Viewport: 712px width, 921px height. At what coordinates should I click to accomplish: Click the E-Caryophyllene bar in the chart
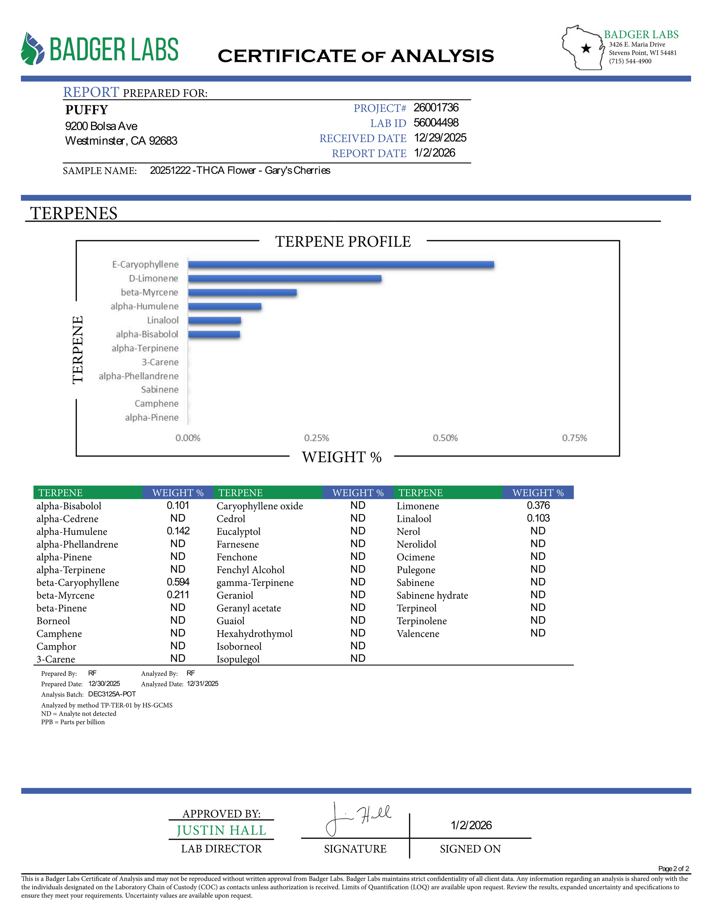coord(341,264)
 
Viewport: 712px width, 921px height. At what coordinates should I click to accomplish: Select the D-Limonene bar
coord(285,278)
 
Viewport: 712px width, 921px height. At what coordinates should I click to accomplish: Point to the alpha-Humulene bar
coord(224,306)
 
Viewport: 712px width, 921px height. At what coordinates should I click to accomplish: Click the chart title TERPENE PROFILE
coord(343,242)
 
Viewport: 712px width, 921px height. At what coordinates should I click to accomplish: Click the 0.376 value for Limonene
coord(538,505)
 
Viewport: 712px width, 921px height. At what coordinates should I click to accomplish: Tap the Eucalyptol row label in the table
coord(238,531)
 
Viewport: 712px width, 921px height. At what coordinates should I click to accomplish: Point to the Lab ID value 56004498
coord(436,123)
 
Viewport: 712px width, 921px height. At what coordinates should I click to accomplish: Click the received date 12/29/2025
coord(440,138)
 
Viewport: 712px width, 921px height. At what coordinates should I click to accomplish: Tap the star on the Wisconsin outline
coord(586,49)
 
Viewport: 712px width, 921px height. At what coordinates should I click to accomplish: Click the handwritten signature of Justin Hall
coord(358,818)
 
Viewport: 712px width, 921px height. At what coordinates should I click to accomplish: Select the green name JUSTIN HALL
coord(221,830)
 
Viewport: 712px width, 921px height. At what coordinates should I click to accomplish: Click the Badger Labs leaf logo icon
coord(32,49)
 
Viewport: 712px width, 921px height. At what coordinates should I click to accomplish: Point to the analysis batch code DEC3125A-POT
coord(112,694)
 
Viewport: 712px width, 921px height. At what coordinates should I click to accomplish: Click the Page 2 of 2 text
coord(673,869)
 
